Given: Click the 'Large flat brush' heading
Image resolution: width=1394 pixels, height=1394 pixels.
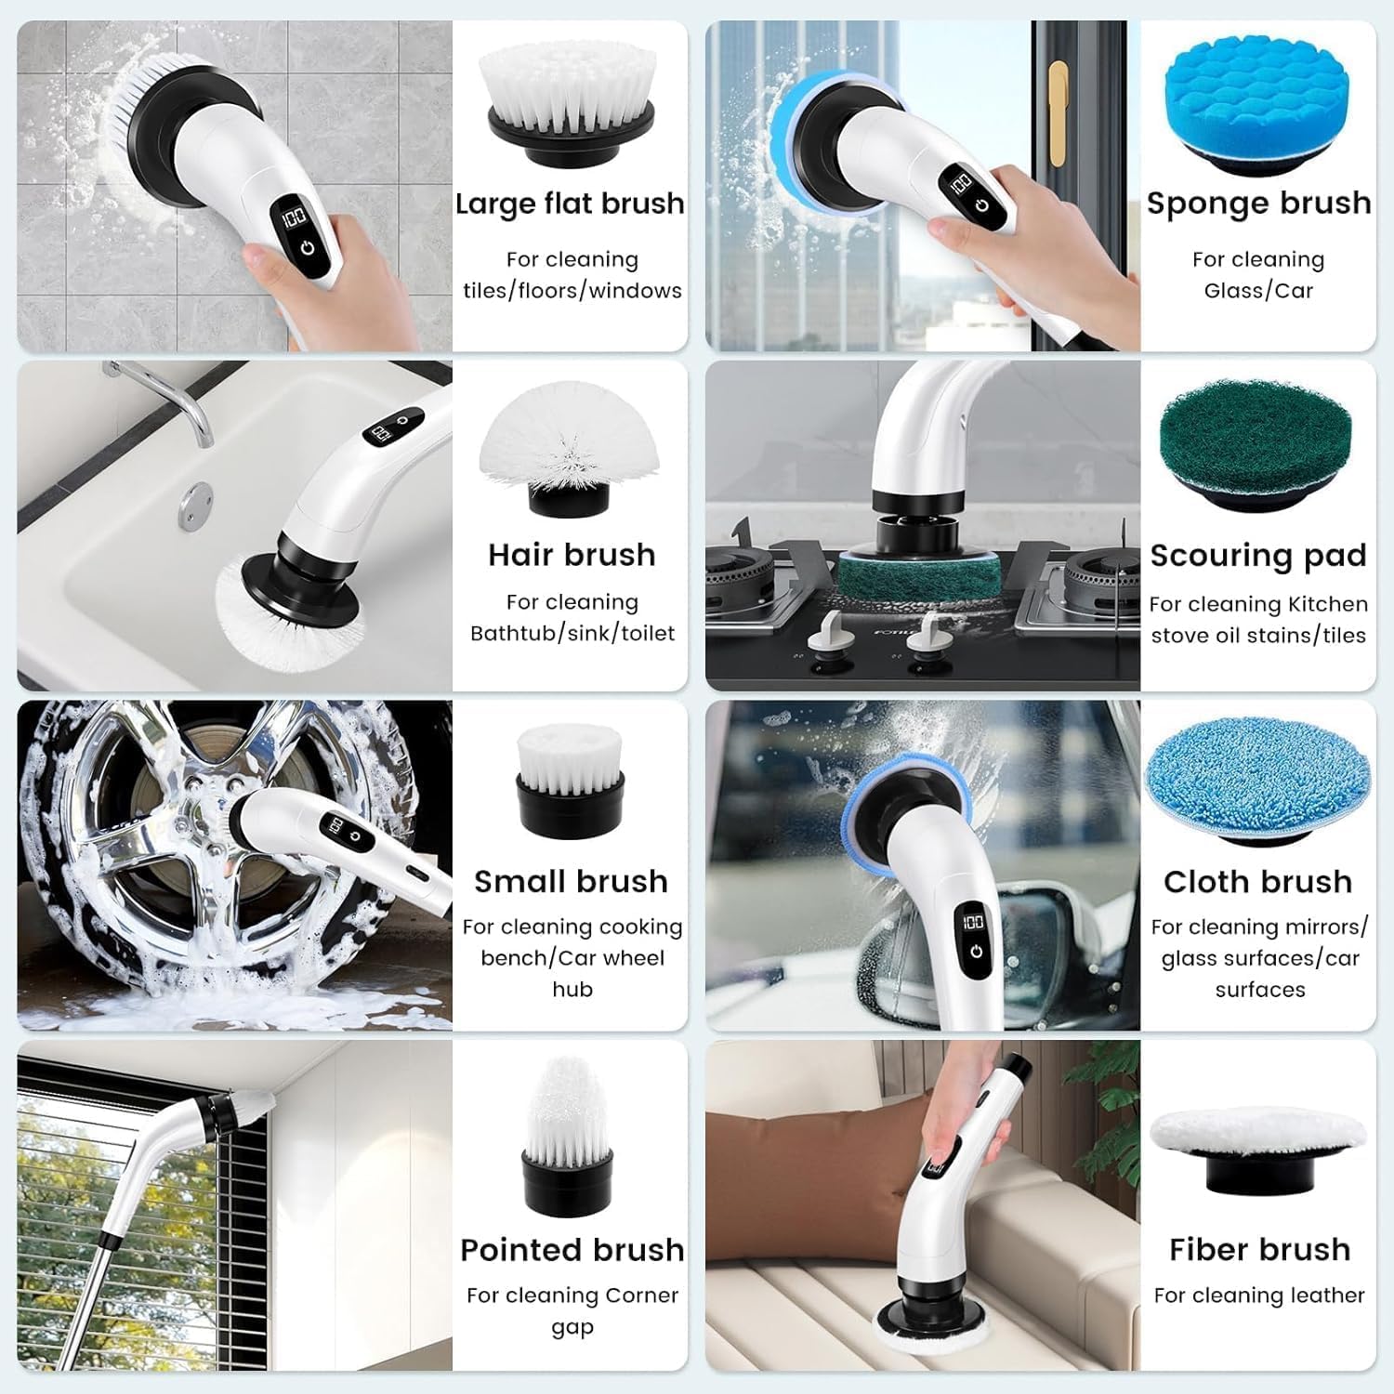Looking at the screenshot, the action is (570, 204).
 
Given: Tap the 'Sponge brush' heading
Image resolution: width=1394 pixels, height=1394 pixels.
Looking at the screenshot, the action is (1258, 204).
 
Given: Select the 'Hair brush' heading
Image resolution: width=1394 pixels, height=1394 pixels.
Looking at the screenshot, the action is (572, 555).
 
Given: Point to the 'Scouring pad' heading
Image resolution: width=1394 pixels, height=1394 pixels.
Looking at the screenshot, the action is (1258, 556).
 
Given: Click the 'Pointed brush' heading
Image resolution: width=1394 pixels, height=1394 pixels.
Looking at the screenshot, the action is (572, 1250).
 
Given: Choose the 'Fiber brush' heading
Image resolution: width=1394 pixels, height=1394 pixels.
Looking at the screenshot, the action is (1259, 1250).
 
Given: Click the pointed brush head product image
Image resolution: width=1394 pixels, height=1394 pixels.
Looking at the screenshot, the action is (567, 1135).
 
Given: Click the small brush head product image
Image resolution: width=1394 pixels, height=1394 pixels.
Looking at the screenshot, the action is (569, 779).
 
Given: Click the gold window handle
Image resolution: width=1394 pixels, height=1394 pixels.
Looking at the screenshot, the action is (1058, 112).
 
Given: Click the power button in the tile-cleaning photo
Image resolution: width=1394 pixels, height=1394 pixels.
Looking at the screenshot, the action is (308, 250).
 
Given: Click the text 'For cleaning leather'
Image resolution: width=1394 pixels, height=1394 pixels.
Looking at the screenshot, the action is (1259, 1295).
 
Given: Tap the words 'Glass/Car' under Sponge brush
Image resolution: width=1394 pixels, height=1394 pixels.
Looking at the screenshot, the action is (1258, 291).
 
